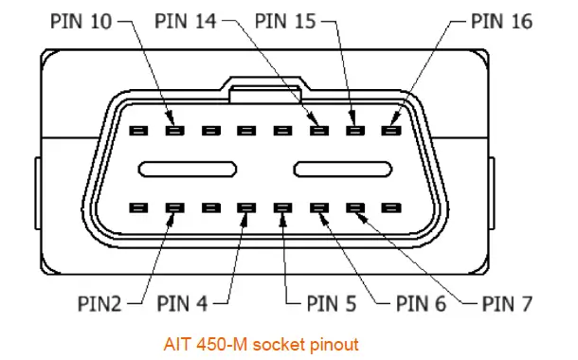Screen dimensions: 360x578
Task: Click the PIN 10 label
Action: click(89, 18)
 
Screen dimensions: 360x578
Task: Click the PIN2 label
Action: click(99, 304)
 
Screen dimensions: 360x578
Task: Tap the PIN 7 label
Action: click(508, 304)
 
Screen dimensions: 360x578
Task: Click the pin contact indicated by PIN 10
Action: click(174, 131)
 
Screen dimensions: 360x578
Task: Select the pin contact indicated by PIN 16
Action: click(389, 131)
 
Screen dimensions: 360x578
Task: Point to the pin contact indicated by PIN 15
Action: click(354, 131)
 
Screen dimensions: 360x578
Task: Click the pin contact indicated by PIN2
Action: click(174, 207)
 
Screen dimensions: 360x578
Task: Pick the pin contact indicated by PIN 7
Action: click(354, 207)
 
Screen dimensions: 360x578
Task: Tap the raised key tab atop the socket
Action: click(265, 90)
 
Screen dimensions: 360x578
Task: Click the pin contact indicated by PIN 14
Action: click(318, 131)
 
